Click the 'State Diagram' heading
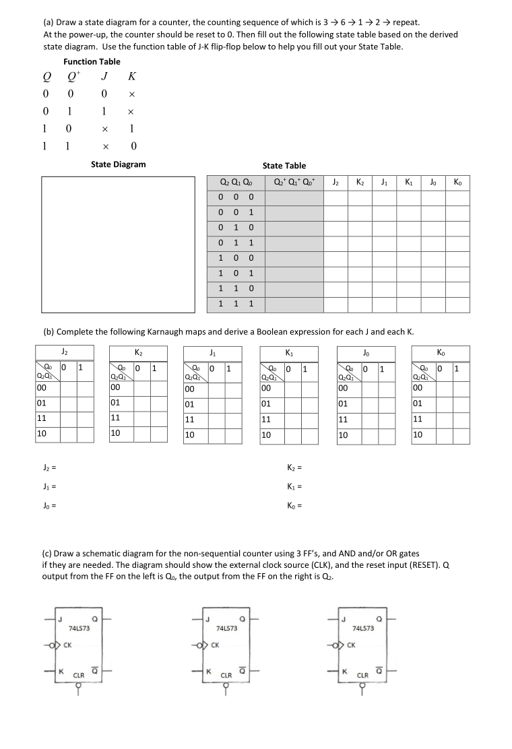pyautogui.click(x=118, y=164)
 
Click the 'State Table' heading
pyautogui.click(x=284, y=166)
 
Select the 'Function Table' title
pyautogui.click(x=92, y=61)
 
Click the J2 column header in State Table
pyautogui.click(x=335, y=182)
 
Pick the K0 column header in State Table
pyautogui.click(x=457, y=182)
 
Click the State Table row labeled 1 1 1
pyautogui.click(x=236, y=304)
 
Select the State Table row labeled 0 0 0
pyautogui.click(x=236, y=197)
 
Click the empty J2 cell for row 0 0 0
pyautogui.click(x=335, y=197)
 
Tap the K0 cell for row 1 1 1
pyautogui.click(x=457, y=304)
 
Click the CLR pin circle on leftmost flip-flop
pyautogui.click(x=78, y=687)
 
